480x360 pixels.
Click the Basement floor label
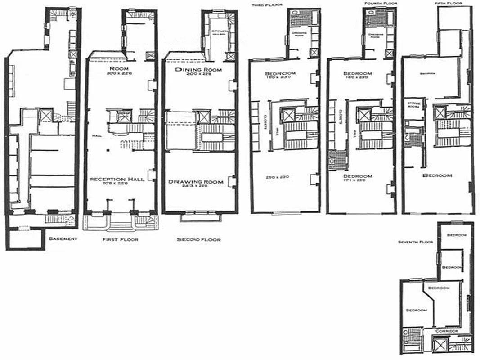pyautogui.click(x=63, y=238)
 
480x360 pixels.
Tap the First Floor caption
pyautogui.click(x=120, y=239)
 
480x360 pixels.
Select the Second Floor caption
pyautogui.click(x=199, y=240)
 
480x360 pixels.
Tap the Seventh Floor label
pyautogui.click(x=415, y=242)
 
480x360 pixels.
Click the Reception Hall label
pyautogui.click(x=117, y=179)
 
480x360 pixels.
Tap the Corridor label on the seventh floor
pyautogui.click(x=447, y=331)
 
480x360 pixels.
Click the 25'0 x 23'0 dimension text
pyautogui.click(x=276, y=177)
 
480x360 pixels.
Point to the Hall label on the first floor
pyautogui.click(x=95, y=135)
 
